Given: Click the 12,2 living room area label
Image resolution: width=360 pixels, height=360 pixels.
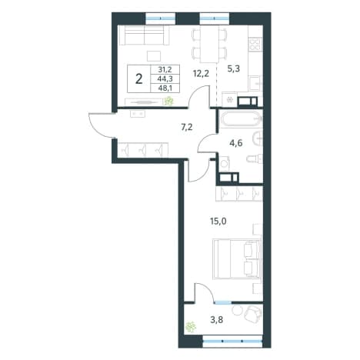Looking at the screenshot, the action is coord(201,74).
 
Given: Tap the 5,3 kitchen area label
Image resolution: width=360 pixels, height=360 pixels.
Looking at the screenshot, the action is coord(233,68).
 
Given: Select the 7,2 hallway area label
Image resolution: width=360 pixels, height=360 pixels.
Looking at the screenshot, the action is coord(187,127).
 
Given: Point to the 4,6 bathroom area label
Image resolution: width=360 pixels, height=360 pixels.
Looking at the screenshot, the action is coord(236,143).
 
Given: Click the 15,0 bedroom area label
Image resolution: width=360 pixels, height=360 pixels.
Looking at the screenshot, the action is coord(218,221).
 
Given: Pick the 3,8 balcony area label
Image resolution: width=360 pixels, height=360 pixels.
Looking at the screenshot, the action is coord(217,320).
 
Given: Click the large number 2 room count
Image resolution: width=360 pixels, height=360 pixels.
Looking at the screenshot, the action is coord(139,79).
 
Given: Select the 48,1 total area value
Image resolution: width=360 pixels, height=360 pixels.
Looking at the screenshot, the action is coord(165,88).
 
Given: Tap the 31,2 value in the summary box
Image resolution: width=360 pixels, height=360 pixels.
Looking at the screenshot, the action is coord(165,69).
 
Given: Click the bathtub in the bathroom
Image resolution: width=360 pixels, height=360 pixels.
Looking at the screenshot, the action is coord(241,118).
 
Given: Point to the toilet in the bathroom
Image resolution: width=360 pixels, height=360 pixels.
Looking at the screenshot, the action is coord(255,159).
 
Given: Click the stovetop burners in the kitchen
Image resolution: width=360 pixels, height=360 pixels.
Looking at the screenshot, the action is coord(256,44).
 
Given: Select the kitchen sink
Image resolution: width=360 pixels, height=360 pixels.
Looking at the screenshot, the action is coord(255,83).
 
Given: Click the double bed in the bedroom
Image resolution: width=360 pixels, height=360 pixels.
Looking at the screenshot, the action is coord(237,258).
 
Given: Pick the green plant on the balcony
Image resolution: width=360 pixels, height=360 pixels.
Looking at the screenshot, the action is coord(191,327).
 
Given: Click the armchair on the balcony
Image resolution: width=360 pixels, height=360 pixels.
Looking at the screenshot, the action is coord(253,314).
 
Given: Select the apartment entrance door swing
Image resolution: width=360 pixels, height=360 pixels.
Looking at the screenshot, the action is coord(101,125).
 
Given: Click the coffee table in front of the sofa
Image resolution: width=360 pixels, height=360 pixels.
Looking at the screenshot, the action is coord(154,56).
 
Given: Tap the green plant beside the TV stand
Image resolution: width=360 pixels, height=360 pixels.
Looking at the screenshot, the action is coord(168,101).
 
